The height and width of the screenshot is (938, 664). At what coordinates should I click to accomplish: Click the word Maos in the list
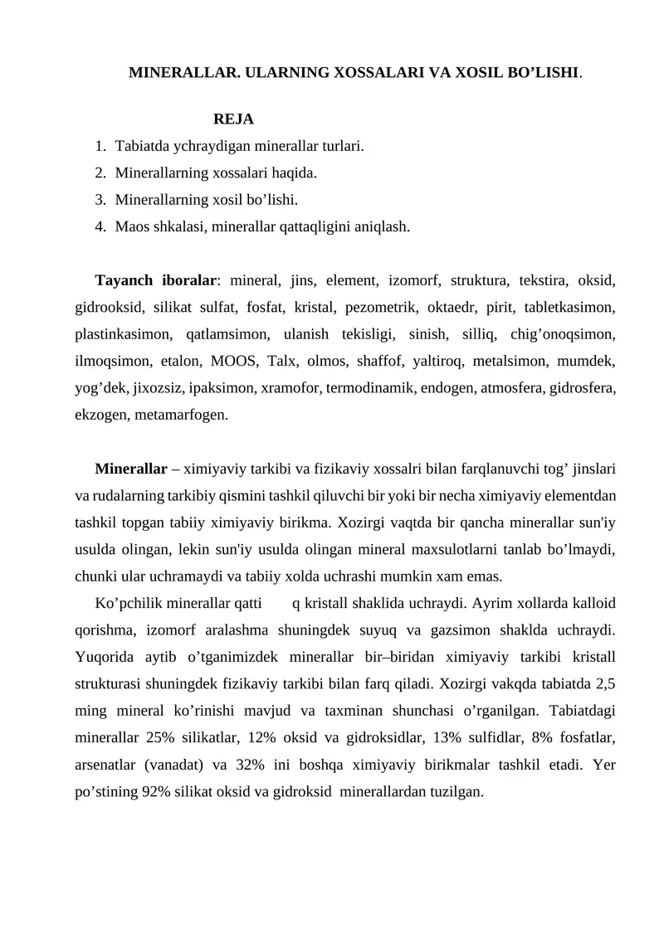[131, 226]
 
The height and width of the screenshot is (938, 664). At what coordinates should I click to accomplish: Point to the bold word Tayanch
[124, 279]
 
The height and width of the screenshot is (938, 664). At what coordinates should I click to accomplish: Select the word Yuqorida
[102, 657]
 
